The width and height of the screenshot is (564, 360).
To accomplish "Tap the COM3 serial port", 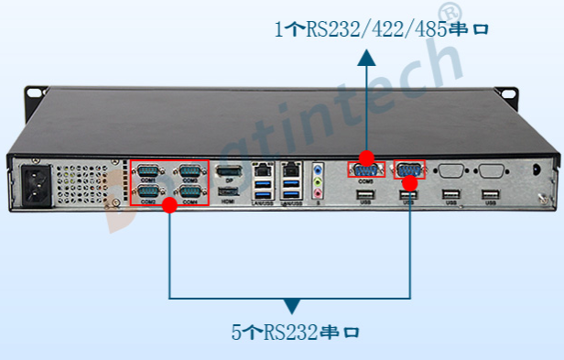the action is pos(190,170).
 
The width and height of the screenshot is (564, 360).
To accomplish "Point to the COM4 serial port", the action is pos(190,191).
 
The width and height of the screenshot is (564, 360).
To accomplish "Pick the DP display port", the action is pos(229,171).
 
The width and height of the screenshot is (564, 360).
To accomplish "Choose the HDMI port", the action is pos(229,191).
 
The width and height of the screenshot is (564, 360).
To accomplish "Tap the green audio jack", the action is pos(319,180).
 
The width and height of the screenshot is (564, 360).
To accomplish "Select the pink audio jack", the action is pos(319,191).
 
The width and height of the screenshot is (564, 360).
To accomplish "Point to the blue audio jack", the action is pos(319,169).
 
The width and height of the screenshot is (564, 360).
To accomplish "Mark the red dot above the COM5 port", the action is pos(366,157).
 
